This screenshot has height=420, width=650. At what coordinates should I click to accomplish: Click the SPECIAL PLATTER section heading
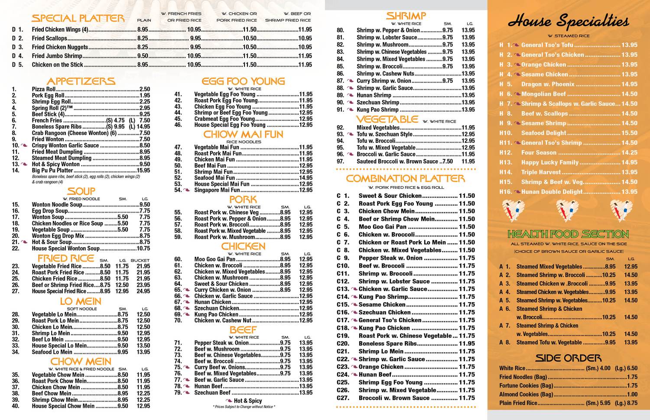tap(78, 18)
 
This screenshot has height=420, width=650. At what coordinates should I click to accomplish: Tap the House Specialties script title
tap(568, 21)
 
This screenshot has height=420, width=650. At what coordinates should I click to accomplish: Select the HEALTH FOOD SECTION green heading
tap(568, 234)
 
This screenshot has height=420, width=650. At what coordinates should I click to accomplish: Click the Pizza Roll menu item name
tap(43, 89)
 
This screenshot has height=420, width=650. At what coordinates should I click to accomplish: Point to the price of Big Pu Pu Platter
tap(143, 171)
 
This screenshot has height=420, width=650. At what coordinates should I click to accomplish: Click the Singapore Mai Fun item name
tap(217, 190)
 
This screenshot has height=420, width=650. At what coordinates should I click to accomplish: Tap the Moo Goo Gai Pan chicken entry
tap(214, 259)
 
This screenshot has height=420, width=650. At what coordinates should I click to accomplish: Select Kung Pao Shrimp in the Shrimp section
tap(377, 110)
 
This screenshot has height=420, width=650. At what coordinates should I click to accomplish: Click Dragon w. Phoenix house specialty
tap(548, 84)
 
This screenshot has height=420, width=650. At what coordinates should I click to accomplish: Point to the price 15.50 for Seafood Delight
tap(629, 133)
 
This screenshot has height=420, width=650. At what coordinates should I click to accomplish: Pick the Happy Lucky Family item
tap(550, 162)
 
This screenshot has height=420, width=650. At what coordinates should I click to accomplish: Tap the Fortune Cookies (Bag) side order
tap(526, 385)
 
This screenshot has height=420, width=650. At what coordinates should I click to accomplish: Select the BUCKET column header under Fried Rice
tap(143, 260)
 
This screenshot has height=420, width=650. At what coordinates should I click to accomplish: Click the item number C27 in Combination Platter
tap(343, 398)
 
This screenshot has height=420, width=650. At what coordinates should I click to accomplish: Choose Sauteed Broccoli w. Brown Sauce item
tap(397, 162)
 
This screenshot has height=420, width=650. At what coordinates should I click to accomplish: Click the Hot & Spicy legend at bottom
tap(247, 401)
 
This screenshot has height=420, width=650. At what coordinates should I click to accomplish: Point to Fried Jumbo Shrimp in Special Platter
tap(57, 56)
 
